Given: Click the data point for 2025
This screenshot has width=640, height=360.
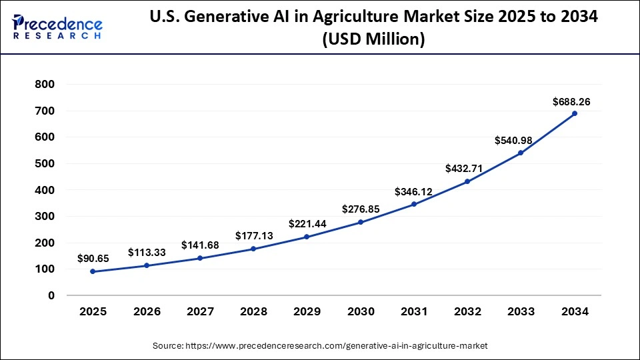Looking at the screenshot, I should [92, 271].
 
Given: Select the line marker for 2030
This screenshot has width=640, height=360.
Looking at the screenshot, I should [361, 222].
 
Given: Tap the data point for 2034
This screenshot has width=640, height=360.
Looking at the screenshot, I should [575, 113].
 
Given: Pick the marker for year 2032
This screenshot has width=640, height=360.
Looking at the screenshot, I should [467, 181].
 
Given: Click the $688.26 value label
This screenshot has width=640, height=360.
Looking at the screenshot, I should [571, 102].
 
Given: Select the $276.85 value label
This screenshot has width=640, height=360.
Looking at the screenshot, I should [361, 209].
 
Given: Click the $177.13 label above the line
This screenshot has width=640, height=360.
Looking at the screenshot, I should [253, 235].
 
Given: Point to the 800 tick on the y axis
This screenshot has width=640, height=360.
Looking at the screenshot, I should [45, 84].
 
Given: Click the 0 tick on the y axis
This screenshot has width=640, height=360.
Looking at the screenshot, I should [51, 295].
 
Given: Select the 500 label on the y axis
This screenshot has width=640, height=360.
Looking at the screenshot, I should [45, 163].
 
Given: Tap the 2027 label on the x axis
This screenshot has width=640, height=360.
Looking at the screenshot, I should [199, 311].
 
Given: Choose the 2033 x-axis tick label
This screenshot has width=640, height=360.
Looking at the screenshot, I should [521, 311].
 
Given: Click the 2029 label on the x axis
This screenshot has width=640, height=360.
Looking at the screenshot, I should [307, 311].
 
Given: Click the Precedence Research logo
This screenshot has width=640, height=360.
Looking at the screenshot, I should [57, 27].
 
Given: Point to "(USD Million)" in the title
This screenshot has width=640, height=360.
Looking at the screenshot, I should [373, 39].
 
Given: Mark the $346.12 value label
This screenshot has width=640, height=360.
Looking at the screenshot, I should [413, 192].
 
